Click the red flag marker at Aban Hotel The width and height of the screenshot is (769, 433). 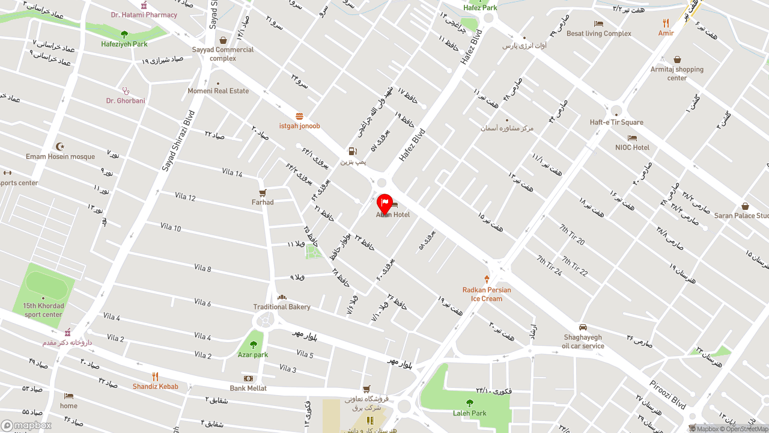point(384,203)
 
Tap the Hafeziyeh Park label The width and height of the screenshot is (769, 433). point(124,44)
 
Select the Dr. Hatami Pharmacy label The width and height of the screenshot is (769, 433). point(144,14)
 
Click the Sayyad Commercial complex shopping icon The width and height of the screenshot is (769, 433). point(223,40)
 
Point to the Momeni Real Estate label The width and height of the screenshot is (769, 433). point(218,91)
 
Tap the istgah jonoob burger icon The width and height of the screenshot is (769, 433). point(299,116)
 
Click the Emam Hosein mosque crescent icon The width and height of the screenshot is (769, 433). point(60,147)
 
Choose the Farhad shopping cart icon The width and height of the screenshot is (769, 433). point(263,193)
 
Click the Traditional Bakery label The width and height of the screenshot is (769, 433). point(282,307)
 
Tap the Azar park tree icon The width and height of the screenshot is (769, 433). point(253,345)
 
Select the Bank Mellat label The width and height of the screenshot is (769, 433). point(248,388)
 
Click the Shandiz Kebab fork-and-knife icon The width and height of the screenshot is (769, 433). point(155,377)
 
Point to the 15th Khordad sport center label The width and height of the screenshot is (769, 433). point(43,310)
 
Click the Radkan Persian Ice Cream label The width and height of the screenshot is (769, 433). point(487,294)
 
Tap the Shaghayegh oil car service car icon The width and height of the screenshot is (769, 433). point(583,327)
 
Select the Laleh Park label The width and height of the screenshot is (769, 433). point(470,413)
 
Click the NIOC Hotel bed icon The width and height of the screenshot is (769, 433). point(632,138)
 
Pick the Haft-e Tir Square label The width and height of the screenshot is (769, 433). point(616,122)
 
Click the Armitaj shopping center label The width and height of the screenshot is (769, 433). point(677,73)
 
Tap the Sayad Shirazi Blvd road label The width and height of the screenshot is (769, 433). point(178,141)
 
